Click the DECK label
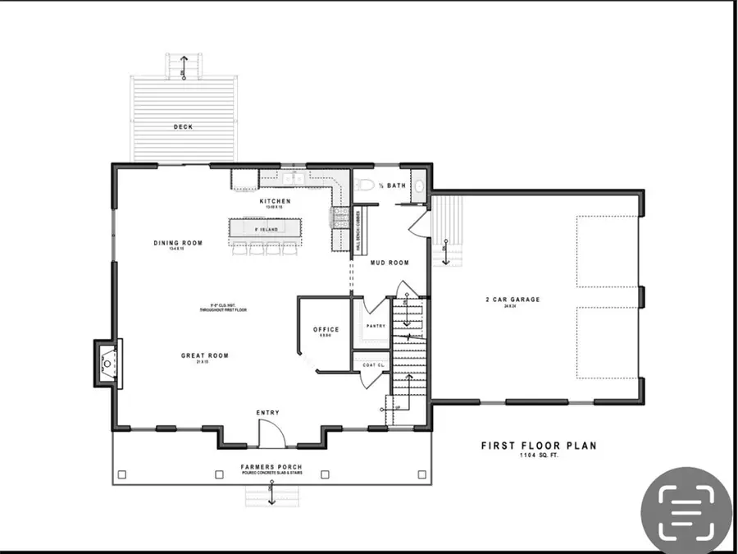pyautogui.click(x=183, y=127)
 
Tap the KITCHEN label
pyautogui.click(x=276, y=201)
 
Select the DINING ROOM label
pyautogui.click(x=178, y=243)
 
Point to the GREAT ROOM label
pyautogui.click(x=204, y=355)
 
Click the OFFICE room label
pyautogui.click(x=326, y=330)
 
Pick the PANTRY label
pyautogui.click(x=376, y=326)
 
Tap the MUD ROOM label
pyautogui.click(x=389, y=263)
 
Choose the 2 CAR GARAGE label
pyautogui.click(x=512, y=300)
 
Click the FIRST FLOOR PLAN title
pyautogui.click(x=538, y=446)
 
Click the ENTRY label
pyautogui.click(x=267, y=412)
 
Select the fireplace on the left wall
pyautogui.click(x=106, y=361)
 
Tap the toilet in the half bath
pyautogui.click(x=367, y=185)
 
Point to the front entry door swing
pyautogui.click(x=271, y=433)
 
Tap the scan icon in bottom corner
pyautogui.click(x=686, y=509)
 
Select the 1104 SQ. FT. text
pyautogui.click(x=538, y=456)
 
